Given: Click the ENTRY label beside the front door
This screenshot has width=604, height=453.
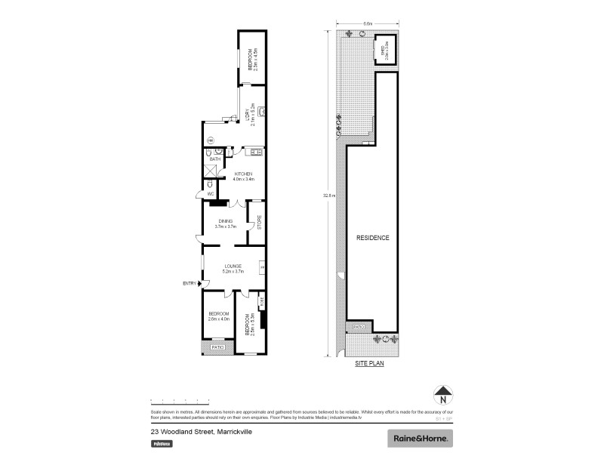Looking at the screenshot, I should (190, 284).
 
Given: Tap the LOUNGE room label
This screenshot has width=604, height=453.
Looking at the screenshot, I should (233, 267).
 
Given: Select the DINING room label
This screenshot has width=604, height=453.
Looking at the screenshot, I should (226, 221).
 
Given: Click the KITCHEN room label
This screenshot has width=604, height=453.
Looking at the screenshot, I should (244, 175).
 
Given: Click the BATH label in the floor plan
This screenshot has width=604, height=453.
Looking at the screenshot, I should (214, 159).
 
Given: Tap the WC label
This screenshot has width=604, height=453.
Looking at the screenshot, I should (211, 194).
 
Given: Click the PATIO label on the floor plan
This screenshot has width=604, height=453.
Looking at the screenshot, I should (217, 347).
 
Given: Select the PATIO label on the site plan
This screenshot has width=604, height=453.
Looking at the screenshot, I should (358, 326).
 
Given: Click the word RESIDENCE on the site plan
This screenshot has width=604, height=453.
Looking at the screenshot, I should (373, 238).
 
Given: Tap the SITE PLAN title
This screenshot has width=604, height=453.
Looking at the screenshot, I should (370, 363).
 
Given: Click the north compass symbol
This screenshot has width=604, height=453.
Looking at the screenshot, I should (445, 394).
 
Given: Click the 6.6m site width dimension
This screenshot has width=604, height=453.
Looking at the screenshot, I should (368, 23).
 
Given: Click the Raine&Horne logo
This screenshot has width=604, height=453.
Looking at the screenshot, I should (420, 438).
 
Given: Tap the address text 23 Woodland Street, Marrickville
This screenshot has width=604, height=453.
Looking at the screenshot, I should (201, 432).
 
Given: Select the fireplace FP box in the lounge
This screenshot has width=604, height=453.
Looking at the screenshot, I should (263, 267).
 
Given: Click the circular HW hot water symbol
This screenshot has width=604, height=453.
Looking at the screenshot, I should (211, 140).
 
